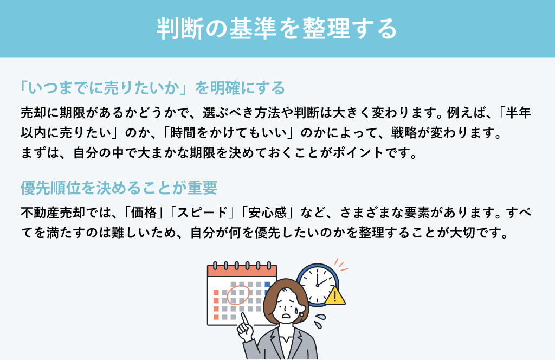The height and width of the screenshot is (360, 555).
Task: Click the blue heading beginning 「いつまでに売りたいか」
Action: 152,88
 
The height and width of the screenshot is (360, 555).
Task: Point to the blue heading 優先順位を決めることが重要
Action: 119,188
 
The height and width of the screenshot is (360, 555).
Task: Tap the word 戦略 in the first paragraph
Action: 404,133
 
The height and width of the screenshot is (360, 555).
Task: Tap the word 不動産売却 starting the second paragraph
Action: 53,213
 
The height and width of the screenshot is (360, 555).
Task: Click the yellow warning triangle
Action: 335,296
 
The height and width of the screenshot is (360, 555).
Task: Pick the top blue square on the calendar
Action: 267,284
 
